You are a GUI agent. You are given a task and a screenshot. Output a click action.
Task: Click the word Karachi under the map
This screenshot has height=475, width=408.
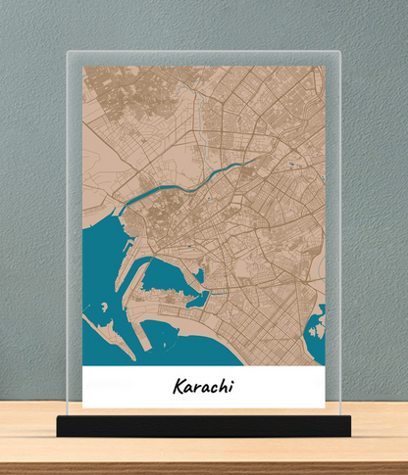click(205, 387)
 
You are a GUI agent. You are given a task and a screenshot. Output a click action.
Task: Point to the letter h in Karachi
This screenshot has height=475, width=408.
click(222, 386)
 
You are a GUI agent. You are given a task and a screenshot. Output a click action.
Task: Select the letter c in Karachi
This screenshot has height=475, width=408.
click(212, 388)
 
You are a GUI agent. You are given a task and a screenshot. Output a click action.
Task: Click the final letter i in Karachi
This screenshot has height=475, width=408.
click(231, 387)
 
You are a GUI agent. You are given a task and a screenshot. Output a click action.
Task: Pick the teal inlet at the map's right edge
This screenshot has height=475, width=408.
click(317, 328)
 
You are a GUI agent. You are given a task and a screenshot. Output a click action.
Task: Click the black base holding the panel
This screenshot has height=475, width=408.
click(203, 425)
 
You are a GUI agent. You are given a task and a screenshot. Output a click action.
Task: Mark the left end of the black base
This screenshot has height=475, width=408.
click(59, 426)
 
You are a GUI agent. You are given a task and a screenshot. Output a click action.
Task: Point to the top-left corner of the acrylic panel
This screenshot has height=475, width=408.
click(67, 52)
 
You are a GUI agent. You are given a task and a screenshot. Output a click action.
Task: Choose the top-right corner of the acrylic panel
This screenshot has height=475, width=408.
click(339, 52)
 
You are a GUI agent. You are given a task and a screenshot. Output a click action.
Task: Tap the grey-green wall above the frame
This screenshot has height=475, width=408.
click(203, 24)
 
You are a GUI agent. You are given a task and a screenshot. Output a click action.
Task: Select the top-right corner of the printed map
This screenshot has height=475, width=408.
click(325, 67)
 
